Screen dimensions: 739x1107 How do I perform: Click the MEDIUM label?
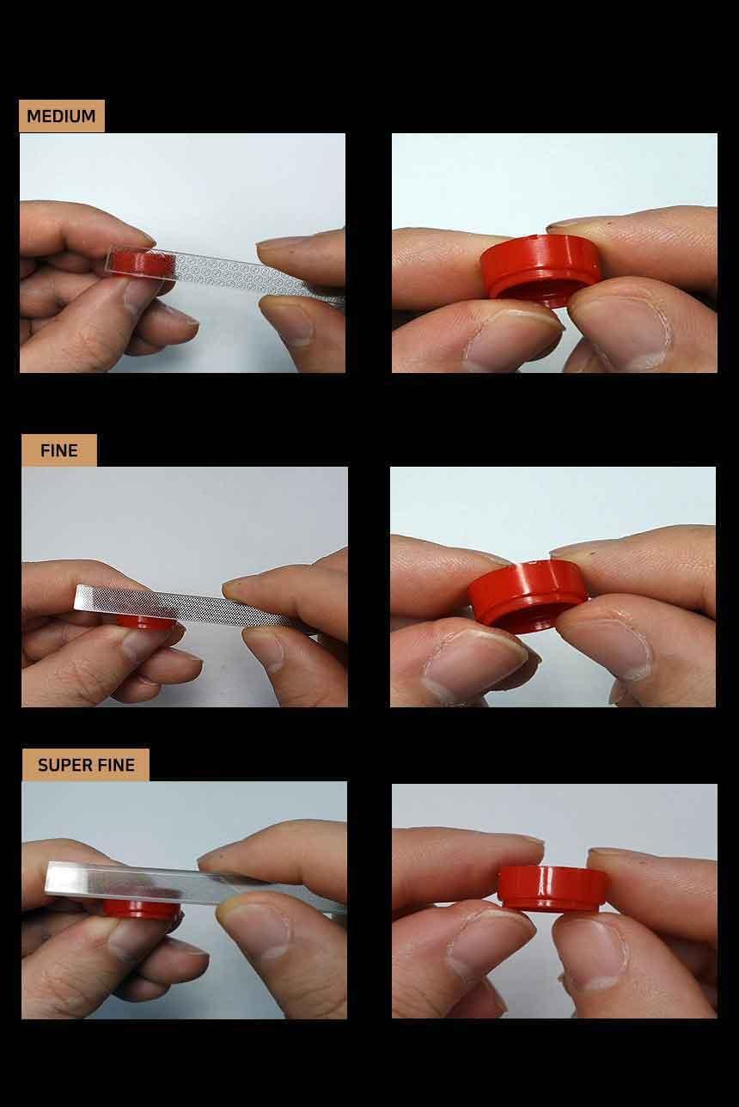[61, 116]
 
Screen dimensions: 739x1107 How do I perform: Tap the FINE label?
[59, 450]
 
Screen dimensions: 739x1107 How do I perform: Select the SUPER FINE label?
[85, 765]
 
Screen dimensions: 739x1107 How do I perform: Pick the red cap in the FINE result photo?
[528, 596]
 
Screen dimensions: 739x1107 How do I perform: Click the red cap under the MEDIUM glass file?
[141, 262]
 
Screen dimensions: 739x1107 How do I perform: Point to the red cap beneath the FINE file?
[145, 622]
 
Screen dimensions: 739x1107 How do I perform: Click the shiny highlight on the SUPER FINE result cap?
[546, 884]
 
